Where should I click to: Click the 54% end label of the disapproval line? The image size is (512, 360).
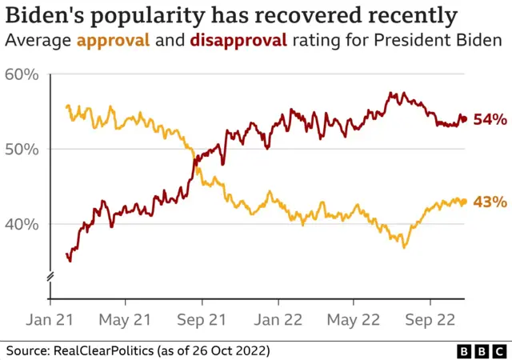pos(490,120)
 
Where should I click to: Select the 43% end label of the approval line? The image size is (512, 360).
pos(490,202)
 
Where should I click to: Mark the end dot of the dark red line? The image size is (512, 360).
pos(464,120)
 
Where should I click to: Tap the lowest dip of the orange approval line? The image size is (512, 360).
pos(404,246)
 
